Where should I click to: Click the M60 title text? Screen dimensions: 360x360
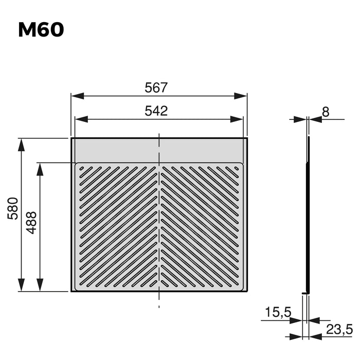41,30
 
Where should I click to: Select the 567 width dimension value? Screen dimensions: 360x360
156,88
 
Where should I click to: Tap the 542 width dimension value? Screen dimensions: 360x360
156,112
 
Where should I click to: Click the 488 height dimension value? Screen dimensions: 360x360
31,222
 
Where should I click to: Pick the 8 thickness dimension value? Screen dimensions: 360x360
326,111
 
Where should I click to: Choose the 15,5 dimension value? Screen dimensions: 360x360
279,312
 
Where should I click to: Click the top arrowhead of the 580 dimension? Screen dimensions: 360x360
21,145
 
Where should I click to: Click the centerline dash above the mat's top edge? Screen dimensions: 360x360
159,135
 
